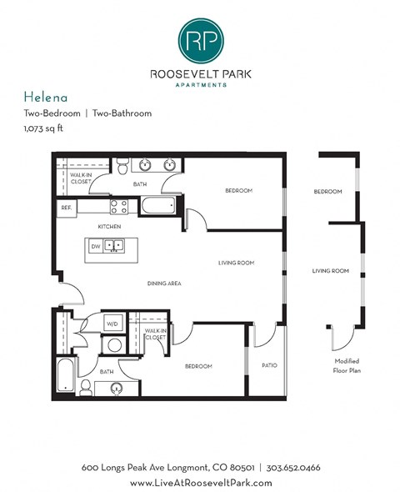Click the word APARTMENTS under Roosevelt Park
(x=200, y=84)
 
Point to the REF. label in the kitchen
(x=66, y=207)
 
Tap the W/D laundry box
(x=112, y=323)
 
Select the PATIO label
(x=268, y=365)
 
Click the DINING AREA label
(x=163, y=284)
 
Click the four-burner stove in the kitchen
(x=118, y=205)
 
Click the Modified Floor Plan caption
(x=347, y=364)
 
